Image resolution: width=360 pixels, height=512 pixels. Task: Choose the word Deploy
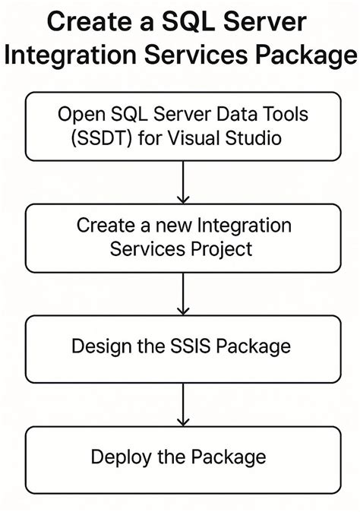(x=118, y=457)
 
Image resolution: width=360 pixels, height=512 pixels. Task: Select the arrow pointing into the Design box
(x=182, y=292)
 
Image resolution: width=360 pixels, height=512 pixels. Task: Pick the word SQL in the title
(x=195, y=22)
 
